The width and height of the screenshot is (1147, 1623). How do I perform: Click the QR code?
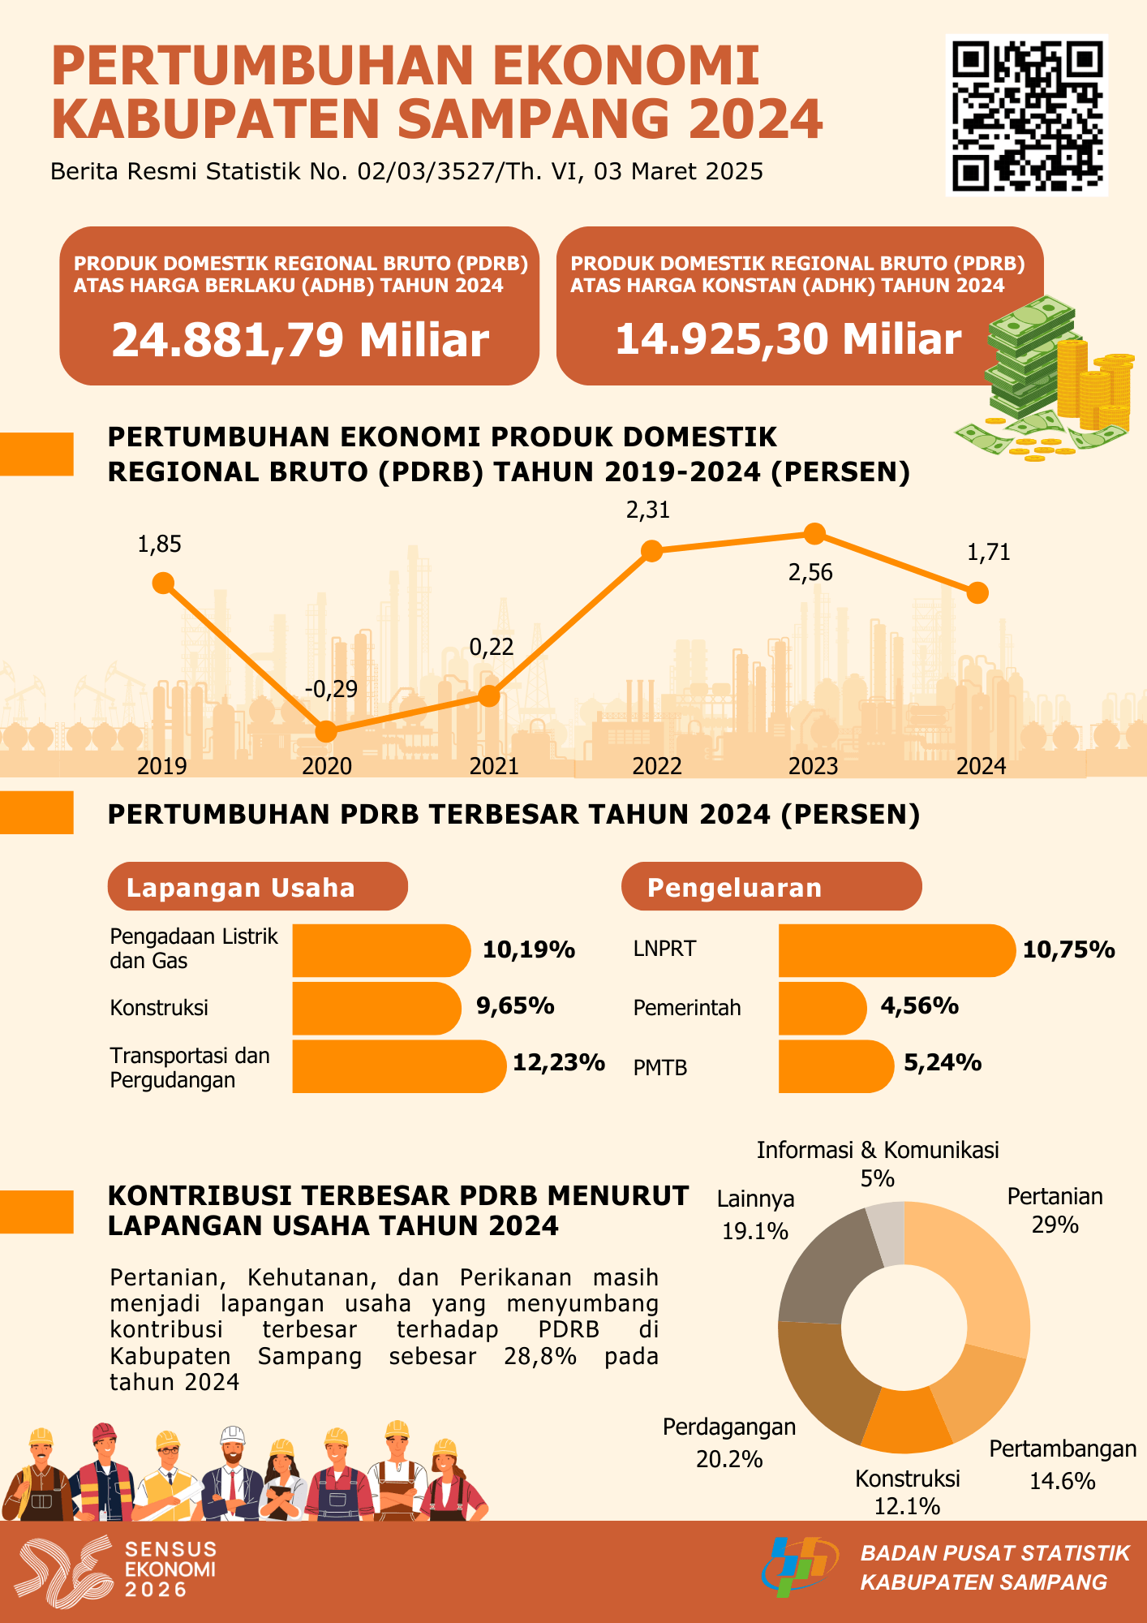click(x=1026, y=115)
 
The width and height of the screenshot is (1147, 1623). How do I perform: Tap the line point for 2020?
click(x=325, y=731)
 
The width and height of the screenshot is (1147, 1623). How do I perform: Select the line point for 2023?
click(x=814, y=533)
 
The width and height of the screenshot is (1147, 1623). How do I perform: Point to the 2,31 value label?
click(x=648, y=510)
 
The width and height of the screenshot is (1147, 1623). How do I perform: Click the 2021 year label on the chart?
click(x=493, y=766)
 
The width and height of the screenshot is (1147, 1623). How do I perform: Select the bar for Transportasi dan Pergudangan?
click(x=397, y=1066)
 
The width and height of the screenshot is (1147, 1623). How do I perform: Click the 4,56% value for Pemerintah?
click(x=920, y=1006)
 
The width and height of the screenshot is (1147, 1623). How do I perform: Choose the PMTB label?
click(x=660, y=1068)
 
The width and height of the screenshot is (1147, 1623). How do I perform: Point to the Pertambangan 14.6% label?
click(x=1063, y=1465)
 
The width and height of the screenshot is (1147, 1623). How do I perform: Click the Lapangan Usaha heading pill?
click(x=257, y=887)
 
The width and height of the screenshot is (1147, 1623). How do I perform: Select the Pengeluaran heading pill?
click(x=771, y=887)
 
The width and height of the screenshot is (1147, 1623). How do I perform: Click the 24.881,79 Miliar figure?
click(x=300, y=340)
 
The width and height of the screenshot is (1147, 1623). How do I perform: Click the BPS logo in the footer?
click(x=798, y=1565)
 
